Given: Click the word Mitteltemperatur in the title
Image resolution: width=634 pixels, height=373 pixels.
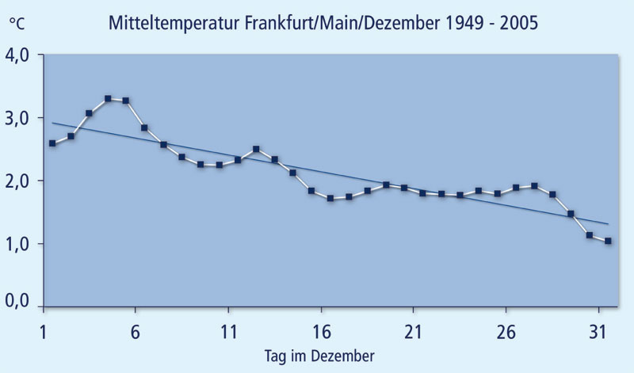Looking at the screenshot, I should coord(163,23).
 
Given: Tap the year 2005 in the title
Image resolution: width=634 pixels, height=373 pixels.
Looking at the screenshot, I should coord(516,23).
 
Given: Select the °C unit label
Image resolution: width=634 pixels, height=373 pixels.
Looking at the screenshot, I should coord(17,24).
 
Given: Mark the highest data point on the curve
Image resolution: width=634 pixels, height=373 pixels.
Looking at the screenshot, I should coord(108,99).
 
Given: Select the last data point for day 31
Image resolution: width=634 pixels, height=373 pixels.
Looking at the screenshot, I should coord(608,241).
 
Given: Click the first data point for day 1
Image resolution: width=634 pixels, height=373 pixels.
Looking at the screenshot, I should coord(52,143).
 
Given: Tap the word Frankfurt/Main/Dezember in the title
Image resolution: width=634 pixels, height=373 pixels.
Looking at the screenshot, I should coord(333,23).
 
